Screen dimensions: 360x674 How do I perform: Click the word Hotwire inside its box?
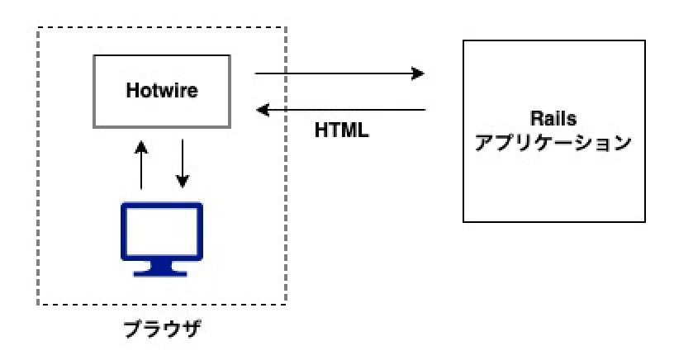(x=162, y=91)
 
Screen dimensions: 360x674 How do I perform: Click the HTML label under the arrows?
(x=342, y=130)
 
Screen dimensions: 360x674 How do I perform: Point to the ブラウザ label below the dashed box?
(x=162, y=329)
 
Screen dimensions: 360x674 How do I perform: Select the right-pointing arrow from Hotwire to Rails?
(x=339, y=74)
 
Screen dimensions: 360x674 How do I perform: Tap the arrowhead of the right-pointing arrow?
(x=419, y=74)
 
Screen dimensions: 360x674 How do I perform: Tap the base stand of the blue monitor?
(x=162, y=270)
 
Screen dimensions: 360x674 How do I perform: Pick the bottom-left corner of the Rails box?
(x=463, y=221)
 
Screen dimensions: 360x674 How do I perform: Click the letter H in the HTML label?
(x=321, y=130)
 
